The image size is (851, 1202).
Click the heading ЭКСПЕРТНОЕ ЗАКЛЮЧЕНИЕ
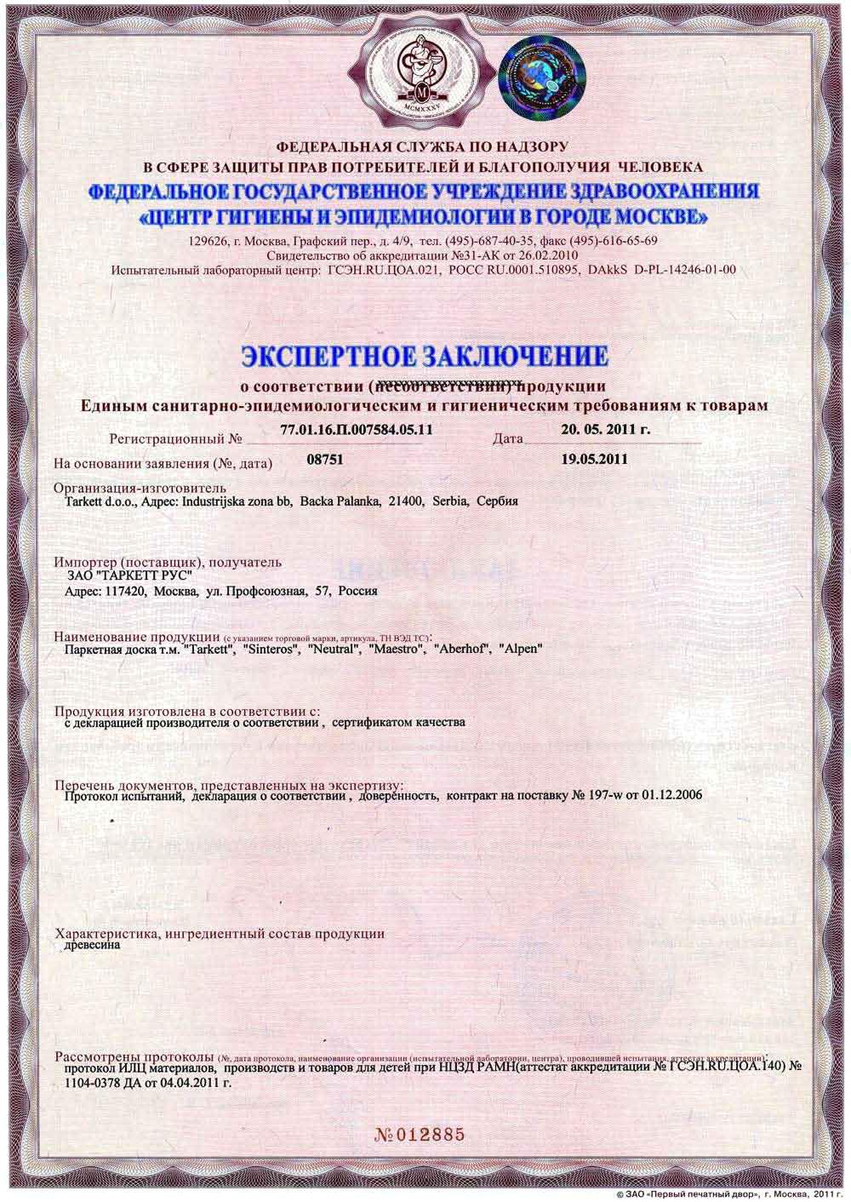(425, 354)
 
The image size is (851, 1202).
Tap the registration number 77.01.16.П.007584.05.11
(356, 430)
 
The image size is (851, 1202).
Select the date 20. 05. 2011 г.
(606, 429)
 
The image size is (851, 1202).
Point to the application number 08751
(323, 459)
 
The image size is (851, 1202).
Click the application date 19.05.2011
(595, 459)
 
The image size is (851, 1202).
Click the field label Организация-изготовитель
(140, 488)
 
